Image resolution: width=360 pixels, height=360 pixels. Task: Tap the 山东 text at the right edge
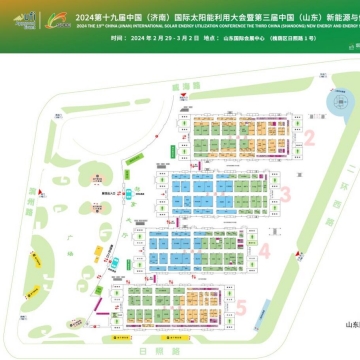pos(350,296)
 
